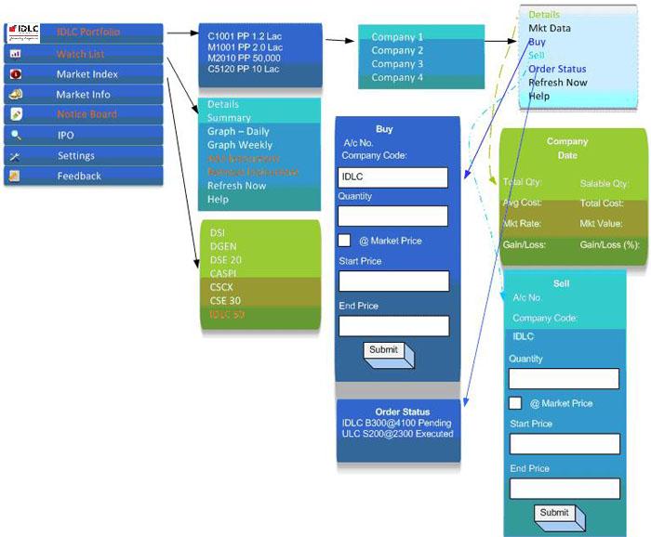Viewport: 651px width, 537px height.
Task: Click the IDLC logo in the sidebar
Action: [x=23, y=32]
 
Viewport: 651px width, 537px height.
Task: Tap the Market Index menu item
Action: [x=86, y=74]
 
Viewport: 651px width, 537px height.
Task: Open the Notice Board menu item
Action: [x=86, y=114]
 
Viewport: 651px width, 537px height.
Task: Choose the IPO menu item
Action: [x=66, y=135]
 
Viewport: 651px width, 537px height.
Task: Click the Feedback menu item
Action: [x=79, y=176]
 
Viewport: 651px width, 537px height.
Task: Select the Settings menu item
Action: [x=75, y=155]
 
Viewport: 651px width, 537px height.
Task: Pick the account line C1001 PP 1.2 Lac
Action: [x=245, y=36]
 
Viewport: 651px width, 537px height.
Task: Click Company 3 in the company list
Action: [x=397, y=64]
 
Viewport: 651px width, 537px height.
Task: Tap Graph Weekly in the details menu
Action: [x=240, y=145]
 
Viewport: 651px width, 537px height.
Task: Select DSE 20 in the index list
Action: [x=225, y=260]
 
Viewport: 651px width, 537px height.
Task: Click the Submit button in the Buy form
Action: [x=384, y=351]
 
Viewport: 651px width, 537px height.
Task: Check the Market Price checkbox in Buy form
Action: [x=344, y=241]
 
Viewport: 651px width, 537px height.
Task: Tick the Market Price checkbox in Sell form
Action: [x=514, y=403]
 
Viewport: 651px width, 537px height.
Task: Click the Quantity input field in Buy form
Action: [x=392, y=216]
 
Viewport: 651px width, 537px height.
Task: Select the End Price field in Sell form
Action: [x=564, y=489]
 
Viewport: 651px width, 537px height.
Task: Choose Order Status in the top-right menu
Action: [x=557, y=69]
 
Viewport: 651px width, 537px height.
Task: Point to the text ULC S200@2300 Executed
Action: [x=397, y=434]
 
